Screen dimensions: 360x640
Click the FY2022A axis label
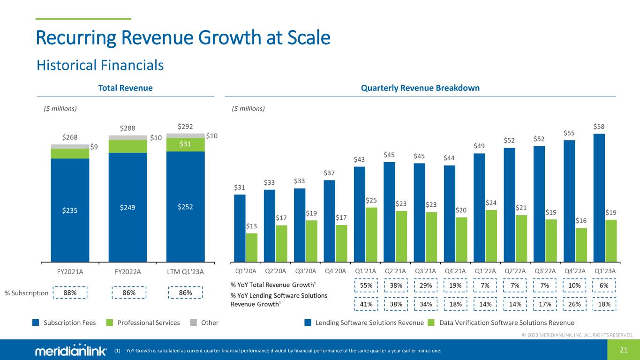pos(128,271)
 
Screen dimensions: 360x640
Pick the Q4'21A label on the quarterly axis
pos(455,271)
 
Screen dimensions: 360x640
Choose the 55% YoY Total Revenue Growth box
pos(366,285)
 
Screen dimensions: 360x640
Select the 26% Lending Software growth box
pos(574,304)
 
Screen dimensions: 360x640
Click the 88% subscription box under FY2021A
pos(70,293)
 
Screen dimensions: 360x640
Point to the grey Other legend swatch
pos(193,322)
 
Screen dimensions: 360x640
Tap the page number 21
pos(623,350)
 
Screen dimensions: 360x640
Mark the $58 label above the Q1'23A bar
pos(599,127)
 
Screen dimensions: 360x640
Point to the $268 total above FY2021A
pos(70,137)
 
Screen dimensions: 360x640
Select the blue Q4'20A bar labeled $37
pos(330,220)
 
